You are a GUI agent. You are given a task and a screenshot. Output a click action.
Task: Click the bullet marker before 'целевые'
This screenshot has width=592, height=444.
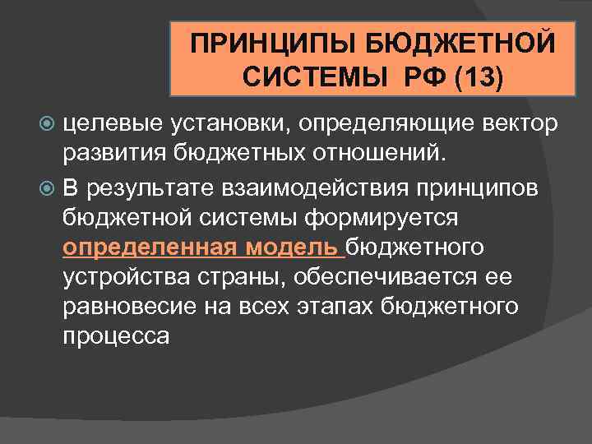[48, 123]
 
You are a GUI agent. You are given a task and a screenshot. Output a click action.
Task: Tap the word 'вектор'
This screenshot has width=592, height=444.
[519, 123]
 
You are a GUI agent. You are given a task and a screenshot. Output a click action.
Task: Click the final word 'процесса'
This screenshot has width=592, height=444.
[117, 338]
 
